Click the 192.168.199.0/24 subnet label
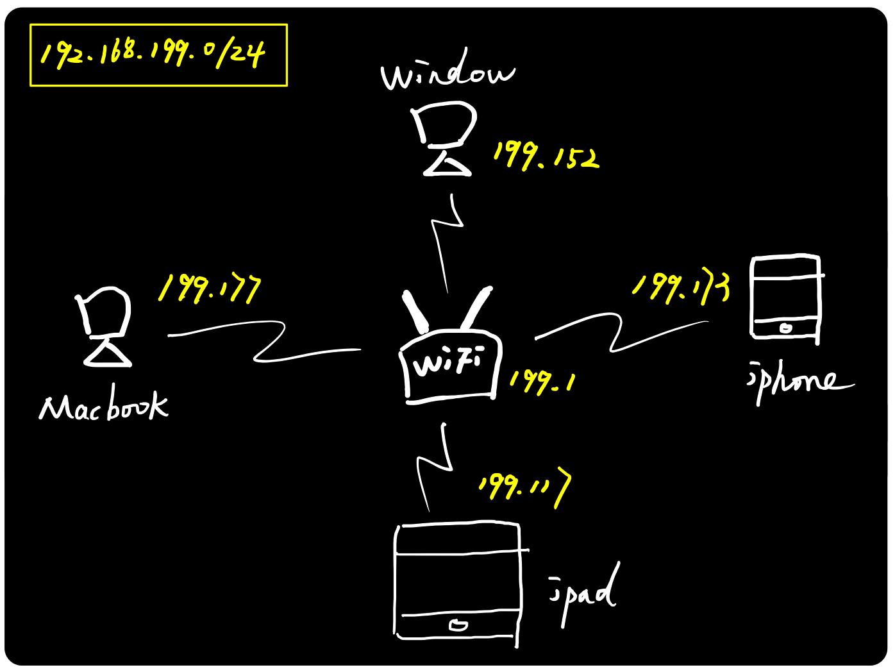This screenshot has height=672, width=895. tap(154, 55)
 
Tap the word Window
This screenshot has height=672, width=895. tap(447, 76)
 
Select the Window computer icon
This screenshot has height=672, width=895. tap(446, 139)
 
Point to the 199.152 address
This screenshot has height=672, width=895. tap(545, 156)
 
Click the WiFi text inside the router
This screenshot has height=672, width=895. tap(447, 365)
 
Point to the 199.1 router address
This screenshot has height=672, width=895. tap(542, 383)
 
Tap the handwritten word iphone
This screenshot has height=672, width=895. tap(798, 382)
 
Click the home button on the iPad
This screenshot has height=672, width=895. tap(458, 625)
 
